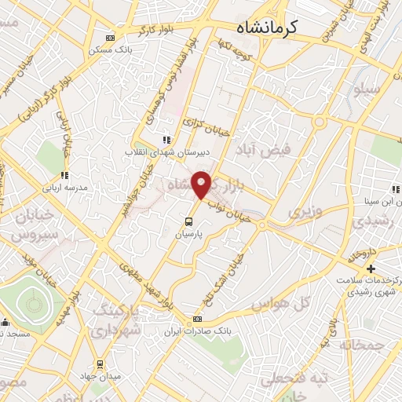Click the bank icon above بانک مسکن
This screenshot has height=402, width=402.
point(110,37)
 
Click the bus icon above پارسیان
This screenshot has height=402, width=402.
point(189,221)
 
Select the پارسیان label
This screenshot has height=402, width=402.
point(190,233)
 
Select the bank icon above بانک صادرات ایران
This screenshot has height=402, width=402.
point(197,319)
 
